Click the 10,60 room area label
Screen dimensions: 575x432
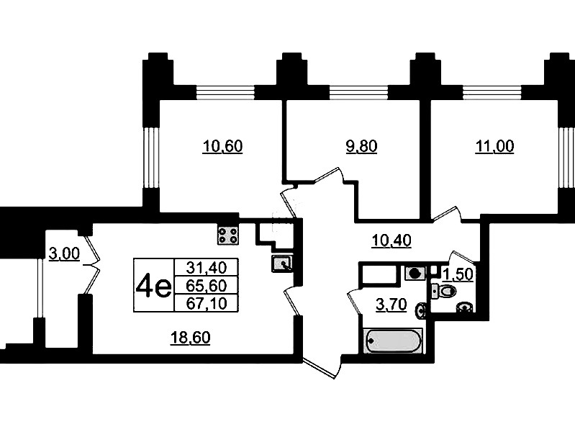pyautogui.click(x=222, y=146)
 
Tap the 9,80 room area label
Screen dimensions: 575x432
pyautogui.click(x=361, y=146)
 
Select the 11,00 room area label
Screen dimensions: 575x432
pyautogui.click(x=494, y=146)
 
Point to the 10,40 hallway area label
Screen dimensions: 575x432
pyautogui.click(x=391, y=240)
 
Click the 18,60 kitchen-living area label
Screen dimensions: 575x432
pyautogui.click(x=190, y=338)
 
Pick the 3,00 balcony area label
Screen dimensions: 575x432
pyautogui.click(x=64, y=253)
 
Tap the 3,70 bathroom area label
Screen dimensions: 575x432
pyautogui.click(x=391, y=305)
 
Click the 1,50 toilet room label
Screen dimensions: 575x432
pyautogui.click(x=458, y=274)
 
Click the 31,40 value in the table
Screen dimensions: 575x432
pyautogui.click(x=207, y=268)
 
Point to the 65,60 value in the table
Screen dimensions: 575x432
pyautogui.click(x=207, y=285)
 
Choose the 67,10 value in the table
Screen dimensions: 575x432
pyautogui.click(x=207, y=303)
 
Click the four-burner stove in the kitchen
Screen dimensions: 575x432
pyautogui.click(x=227, y=235)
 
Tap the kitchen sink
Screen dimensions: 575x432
pyautogui.click(x=282, y=264)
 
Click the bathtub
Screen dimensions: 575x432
pyautogui.click(x=393, y=341)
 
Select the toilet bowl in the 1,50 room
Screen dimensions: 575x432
pyautogui.click(x=445, y=292)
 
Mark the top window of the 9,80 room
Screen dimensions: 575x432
pyautogui.click(x=358, y=92)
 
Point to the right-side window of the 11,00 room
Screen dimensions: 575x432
pyautogui.click(x=566, y=157)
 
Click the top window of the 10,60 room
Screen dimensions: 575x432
pyautogui.click(x=225, y=92)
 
